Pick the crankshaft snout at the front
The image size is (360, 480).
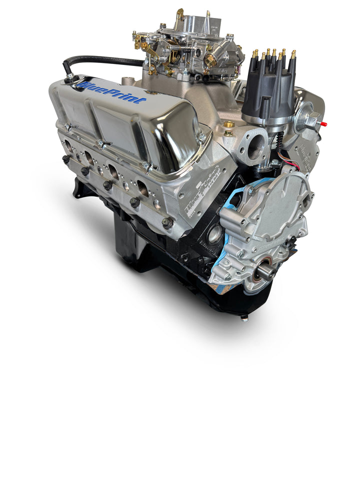click(265, 271)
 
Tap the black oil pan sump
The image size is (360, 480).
click(131, 245)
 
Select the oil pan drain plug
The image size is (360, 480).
click(244, 316)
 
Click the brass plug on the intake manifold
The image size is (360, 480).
click(228, 124)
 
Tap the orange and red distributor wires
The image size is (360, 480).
click(292, 165)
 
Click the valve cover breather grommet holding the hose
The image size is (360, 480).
click(70, 77)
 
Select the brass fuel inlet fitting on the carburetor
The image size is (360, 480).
click(210, 60)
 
